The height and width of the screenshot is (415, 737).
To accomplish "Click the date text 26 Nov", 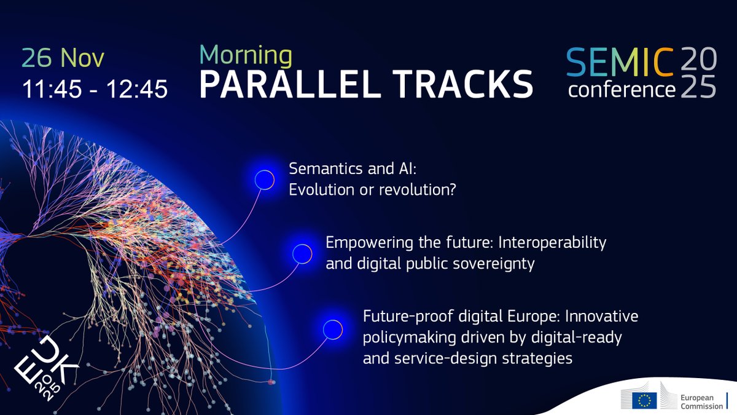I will [64, 58].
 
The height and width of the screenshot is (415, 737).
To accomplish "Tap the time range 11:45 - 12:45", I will [95, 90].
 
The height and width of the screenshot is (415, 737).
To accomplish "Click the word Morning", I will [246, 55].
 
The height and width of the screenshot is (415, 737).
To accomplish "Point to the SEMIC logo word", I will [620, 61].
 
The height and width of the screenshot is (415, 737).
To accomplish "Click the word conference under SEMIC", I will [622, 90].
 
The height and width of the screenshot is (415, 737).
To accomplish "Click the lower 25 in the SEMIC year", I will [697, 89].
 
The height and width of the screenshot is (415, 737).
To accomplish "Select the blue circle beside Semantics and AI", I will [265, 179].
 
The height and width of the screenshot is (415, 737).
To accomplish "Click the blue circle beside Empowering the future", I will [301, 253].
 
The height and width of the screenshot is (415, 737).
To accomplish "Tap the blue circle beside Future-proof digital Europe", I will [332, 328].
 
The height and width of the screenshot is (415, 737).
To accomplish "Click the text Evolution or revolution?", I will [372, 190].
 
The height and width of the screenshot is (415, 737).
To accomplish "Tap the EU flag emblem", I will [645, 400].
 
